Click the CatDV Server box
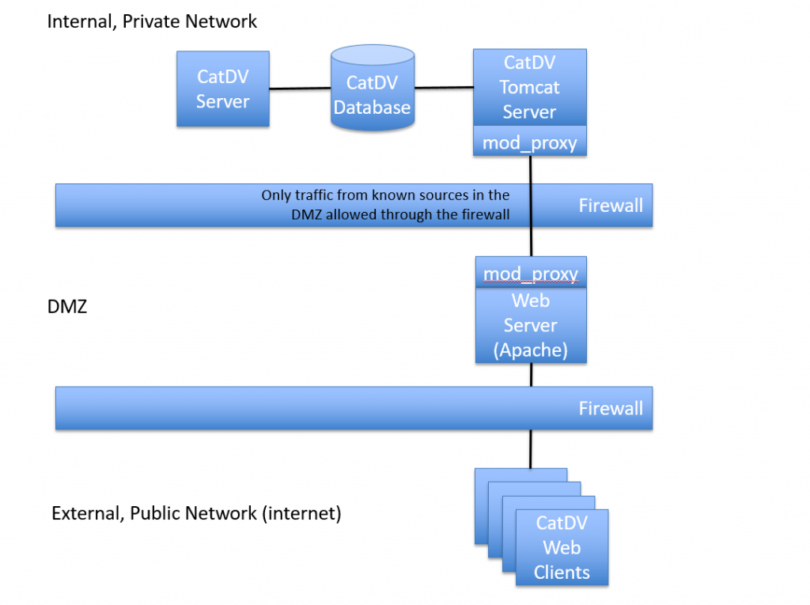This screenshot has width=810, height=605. pyautogui.click(x=222, y=89)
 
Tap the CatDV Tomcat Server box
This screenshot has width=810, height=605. pyautogui.click(x=529, y=87)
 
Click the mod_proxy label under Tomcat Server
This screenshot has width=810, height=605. pyautogui.click(x=529, y=143)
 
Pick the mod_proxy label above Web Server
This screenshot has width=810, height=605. pyautogui.click(x=531, y=274)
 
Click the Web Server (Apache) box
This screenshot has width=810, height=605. pyautogui.click(x=531, y=325)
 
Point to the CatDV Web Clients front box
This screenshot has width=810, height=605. pyautogui.click(x=562, y=547)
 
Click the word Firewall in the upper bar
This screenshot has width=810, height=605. pyautogui.click(x=611, y=206)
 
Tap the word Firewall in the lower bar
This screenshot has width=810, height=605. pyautogui.click(x=611, y=409)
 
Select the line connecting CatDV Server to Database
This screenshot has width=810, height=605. pyautogui.click(x=300, y=89)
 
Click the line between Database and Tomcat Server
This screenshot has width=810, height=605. pyautogui.click(x=444, y=88)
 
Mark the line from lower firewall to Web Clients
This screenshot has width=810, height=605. pyautogui.click(x=530, y=448)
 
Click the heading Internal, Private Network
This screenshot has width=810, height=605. pyautogui.click(x=152, y=21)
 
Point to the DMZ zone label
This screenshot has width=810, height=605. pyautogui.click(x=67, y=307)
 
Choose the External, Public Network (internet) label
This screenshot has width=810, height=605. pyautogui.click(x=196, y=513)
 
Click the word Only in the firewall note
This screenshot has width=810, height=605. pyautogui.click(x=276, y=195)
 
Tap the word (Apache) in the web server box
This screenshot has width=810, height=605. pyautogui.click(x=531, y=350)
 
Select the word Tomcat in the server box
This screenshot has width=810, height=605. pyautogui.click(x=529, y=87)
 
